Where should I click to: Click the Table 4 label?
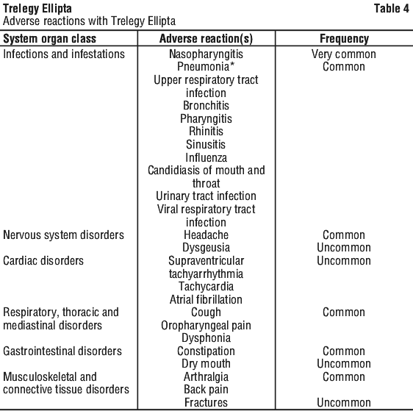[x=392, y=8]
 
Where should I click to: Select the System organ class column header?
[x=49, y=39]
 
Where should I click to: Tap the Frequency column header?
[x=344, y=39]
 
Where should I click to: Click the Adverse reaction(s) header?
[x=206, y=39]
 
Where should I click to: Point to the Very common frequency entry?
[x=344, y=54]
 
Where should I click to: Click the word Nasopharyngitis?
[x=206, y=54]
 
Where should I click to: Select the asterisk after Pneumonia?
[x=231, y=65]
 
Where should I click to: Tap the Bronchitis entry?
[x=206, y=106]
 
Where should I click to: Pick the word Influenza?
[x=206, y=157]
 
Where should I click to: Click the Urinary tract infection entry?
[x=206, y=196]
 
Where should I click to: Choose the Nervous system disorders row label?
[x=63, y=235]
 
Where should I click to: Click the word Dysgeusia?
[x=206, y=248]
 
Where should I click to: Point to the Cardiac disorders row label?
[x=43, y=261]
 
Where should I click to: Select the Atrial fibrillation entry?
[x=206, y=299]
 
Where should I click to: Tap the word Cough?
[x=206, y=312]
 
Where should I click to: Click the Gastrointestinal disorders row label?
[x=62, y=351]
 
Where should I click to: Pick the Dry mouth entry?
[x=206, y=364]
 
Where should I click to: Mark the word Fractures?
[x=206, y=403]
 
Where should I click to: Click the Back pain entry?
[x=206, y=390]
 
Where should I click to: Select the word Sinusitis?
[x=206, y=144]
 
